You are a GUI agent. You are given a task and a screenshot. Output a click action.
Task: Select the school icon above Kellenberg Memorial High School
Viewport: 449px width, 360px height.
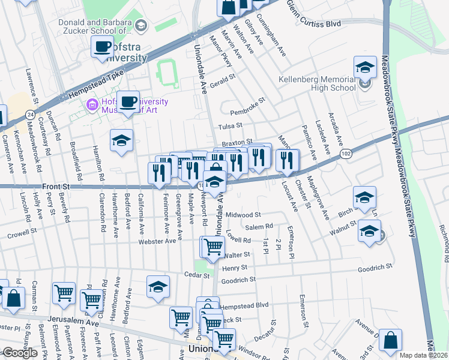point(364,67)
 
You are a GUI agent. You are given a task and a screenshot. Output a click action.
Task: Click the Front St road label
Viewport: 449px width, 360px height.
point(55,187)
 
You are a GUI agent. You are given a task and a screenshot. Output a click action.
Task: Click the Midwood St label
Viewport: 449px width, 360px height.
point(243,215)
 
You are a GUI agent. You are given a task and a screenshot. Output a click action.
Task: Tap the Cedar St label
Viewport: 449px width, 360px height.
point(197,275)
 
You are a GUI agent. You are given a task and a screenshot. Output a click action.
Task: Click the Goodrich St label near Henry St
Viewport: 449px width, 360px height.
point(238,280)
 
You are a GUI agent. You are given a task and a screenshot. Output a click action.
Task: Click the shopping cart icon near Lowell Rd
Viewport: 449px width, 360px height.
point(212,246)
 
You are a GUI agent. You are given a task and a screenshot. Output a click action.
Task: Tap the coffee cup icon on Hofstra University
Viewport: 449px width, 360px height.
point(102,46)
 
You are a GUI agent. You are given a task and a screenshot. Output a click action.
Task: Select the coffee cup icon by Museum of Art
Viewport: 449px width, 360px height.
point(127,101)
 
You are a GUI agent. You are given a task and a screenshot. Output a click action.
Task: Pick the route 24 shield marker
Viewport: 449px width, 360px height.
point(29,115)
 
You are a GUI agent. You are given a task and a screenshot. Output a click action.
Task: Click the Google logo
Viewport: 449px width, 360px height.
point(20,353)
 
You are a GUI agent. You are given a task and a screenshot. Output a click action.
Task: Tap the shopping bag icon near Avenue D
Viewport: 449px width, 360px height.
point(390,340)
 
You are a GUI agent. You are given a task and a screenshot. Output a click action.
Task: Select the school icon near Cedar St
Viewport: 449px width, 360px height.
point(158,287)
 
